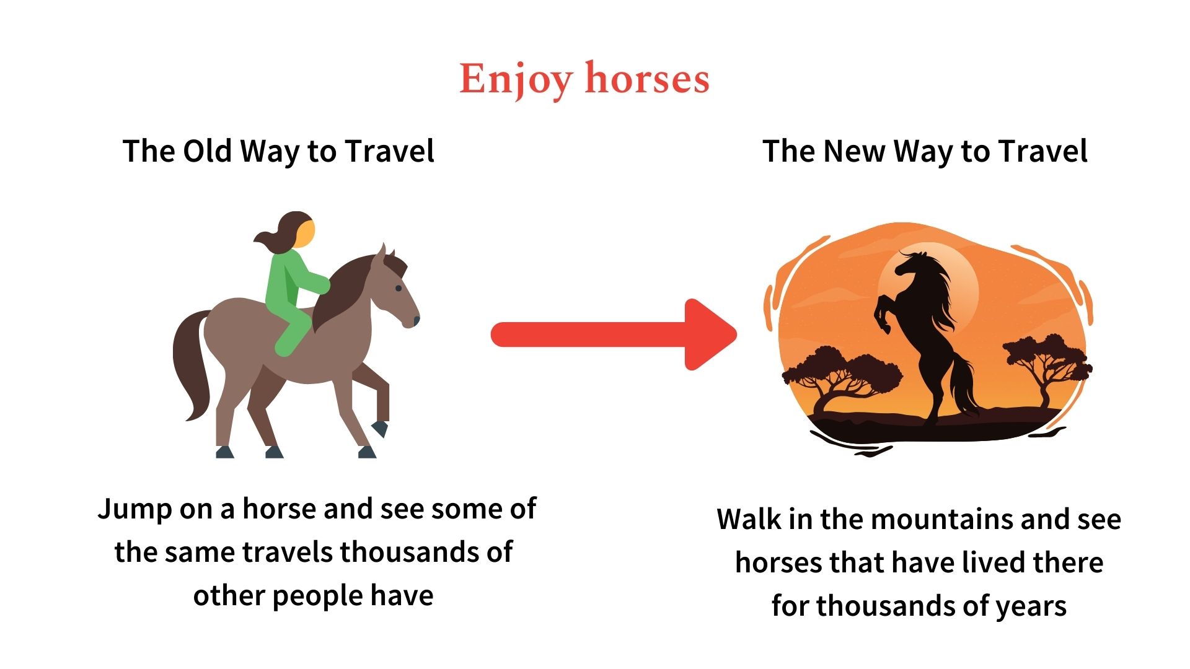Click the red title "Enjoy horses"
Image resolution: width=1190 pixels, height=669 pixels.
coord(584,79)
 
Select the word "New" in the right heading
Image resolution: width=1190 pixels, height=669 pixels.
coord(853,151)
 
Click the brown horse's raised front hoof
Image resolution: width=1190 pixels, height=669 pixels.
coord(379,428)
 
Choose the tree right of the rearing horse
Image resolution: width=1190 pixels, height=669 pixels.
coord(1047,365)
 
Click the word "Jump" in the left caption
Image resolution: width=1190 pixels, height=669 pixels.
coord(134,509)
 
